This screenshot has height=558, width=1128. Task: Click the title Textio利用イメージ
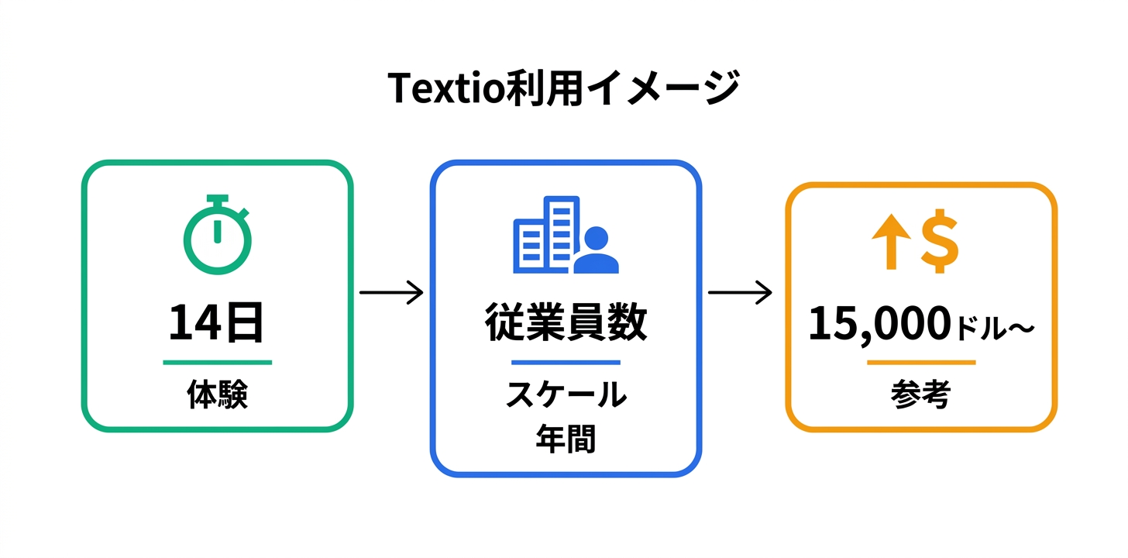563,88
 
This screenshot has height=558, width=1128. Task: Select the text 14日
217,323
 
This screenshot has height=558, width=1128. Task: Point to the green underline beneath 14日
217,362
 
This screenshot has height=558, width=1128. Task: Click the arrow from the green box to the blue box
391,293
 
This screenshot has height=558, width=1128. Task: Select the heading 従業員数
566,323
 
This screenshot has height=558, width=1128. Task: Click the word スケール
566,395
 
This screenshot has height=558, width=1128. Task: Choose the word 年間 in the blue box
566,440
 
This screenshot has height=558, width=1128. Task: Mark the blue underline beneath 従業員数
566,362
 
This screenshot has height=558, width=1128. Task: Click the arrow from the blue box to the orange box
740,293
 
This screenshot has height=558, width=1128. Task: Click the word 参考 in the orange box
921,396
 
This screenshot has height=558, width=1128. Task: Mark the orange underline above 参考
921,362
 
